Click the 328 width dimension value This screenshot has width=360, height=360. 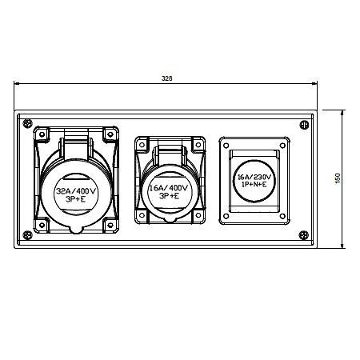tap(167, 78)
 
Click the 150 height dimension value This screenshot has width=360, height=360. tap(338, 178)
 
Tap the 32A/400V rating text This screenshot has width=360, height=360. tap(76, 191)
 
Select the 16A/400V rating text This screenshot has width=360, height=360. tap(169, 188)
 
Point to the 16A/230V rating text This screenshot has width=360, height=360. tap(254, 177)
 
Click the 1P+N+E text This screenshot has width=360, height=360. tap(254, 184)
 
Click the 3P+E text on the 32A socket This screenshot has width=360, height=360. tap(76, 199)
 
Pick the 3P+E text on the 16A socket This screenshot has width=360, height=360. tap(169, 196)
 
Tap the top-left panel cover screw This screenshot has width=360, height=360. tap(28, 123)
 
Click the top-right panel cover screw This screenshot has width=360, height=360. tap(304, 125)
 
